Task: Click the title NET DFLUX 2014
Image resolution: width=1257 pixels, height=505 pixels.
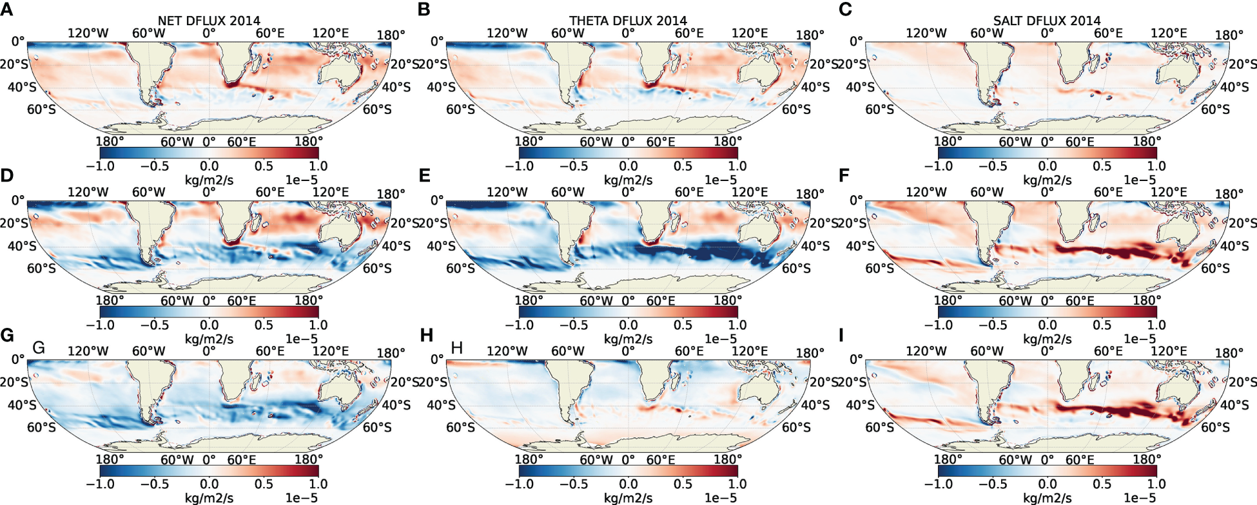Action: point(209,21)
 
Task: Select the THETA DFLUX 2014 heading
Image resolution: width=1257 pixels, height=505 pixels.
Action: point(628,21)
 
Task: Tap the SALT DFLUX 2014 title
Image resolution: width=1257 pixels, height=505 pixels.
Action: point(1047,21)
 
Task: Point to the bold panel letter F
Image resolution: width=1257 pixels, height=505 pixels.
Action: point(844,175)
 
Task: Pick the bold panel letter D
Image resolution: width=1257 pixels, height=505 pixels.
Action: point(7,175)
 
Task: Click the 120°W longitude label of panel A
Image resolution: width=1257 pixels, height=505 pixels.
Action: point(88,33)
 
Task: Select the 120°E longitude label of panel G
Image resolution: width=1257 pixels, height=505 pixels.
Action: point(331,351)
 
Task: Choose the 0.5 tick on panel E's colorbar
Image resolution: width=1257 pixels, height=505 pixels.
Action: point(683,325)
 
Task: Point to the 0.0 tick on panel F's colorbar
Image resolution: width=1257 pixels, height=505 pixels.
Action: point(1047,325)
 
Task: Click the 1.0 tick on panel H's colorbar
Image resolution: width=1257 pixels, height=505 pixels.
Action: point(737,484)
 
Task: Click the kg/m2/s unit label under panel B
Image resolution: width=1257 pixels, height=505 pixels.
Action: point(628,180)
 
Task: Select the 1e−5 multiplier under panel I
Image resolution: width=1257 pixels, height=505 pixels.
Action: point(1140,499)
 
